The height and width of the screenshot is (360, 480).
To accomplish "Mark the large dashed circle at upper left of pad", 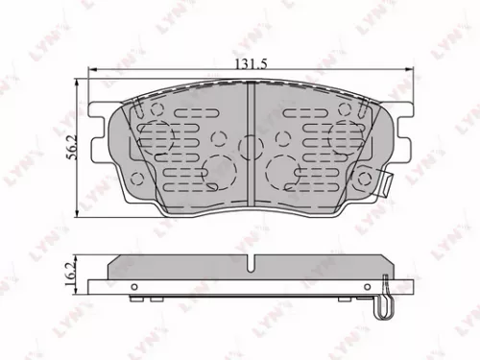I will [155, 133].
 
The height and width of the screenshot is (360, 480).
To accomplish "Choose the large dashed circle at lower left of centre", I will [219, 170].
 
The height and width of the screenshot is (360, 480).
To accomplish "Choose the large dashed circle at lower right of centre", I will [283, 170].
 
